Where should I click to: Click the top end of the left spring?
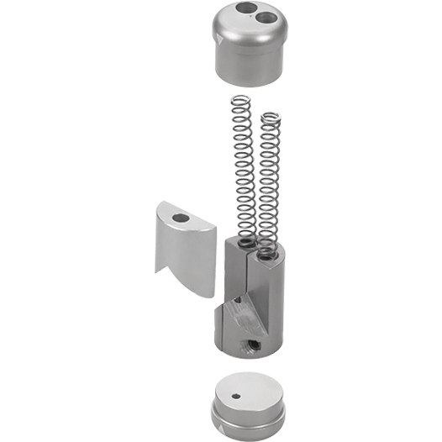point(240,98)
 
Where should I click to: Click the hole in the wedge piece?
point(181,217)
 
